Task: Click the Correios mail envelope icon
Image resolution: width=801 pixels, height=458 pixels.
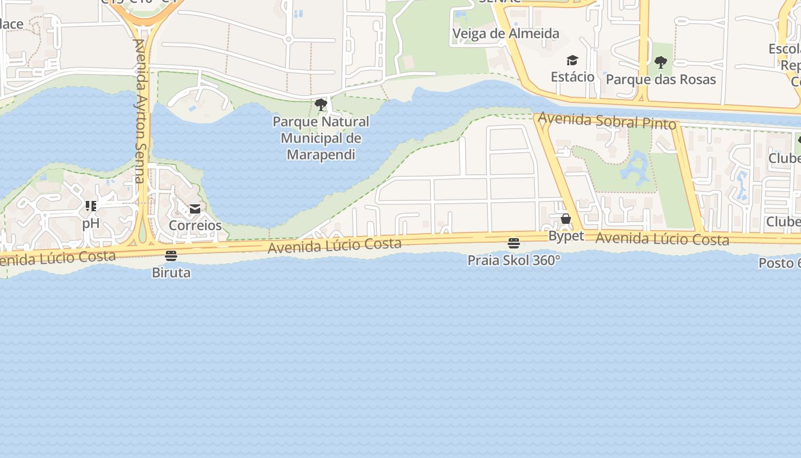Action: [195, 209]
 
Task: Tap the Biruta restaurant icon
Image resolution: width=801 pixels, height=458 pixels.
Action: [170, 255]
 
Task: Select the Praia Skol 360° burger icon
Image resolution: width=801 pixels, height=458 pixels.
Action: [514, 243]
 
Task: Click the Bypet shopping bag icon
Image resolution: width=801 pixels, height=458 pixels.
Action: [566, 219]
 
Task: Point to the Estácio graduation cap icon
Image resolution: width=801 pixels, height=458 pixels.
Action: [572, 60]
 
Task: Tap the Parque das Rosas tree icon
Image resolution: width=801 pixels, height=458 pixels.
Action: [661, 62]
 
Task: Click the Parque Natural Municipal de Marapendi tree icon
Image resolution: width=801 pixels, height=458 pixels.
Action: [321, 104]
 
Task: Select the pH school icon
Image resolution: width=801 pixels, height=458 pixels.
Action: [90, 206]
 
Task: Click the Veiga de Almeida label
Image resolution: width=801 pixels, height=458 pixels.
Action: [506, 33]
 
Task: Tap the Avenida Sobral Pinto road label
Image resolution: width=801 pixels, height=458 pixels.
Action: [607, 121]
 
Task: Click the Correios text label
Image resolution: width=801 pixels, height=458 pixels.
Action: [195, 225]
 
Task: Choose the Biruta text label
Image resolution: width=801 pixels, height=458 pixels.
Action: [171, 273]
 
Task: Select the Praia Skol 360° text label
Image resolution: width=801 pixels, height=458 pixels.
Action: [514, 260]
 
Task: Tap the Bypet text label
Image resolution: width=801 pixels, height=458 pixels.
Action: [566, 236]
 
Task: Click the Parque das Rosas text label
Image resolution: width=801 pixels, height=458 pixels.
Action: [661, 79]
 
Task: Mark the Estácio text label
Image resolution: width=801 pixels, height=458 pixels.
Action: [572, 76]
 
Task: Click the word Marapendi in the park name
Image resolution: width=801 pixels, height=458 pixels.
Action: [321, 155]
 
